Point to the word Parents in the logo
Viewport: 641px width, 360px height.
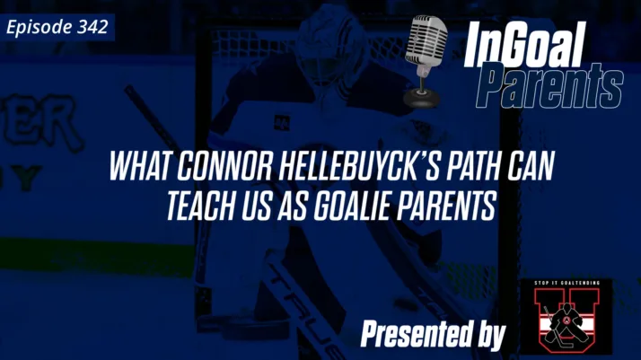tap(549, 87)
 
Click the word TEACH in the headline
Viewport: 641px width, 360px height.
tap(198, 206)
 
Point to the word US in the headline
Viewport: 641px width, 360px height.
tap(257, 206)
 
